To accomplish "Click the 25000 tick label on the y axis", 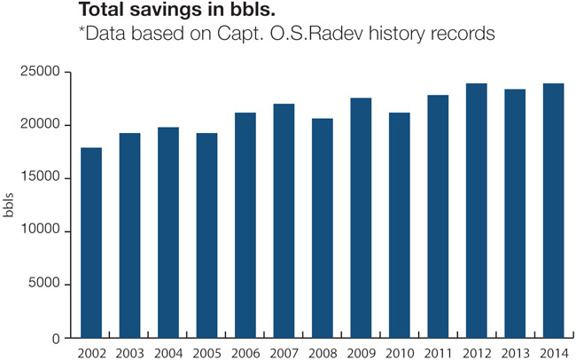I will [43, 72].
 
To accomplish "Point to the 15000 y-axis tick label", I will [43, 178].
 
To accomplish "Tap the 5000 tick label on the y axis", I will [46, 285].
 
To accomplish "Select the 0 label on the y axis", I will [55, 338].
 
